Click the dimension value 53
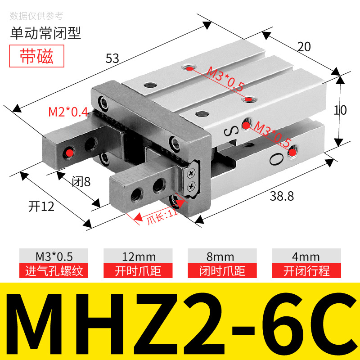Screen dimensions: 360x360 click(112, 58)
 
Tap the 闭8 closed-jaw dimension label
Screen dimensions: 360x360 click(81, 182)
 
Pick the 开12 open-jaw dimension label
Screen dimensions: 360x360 click(41, 207)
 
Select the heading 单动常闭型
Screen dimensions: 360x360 click(45, 33)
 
